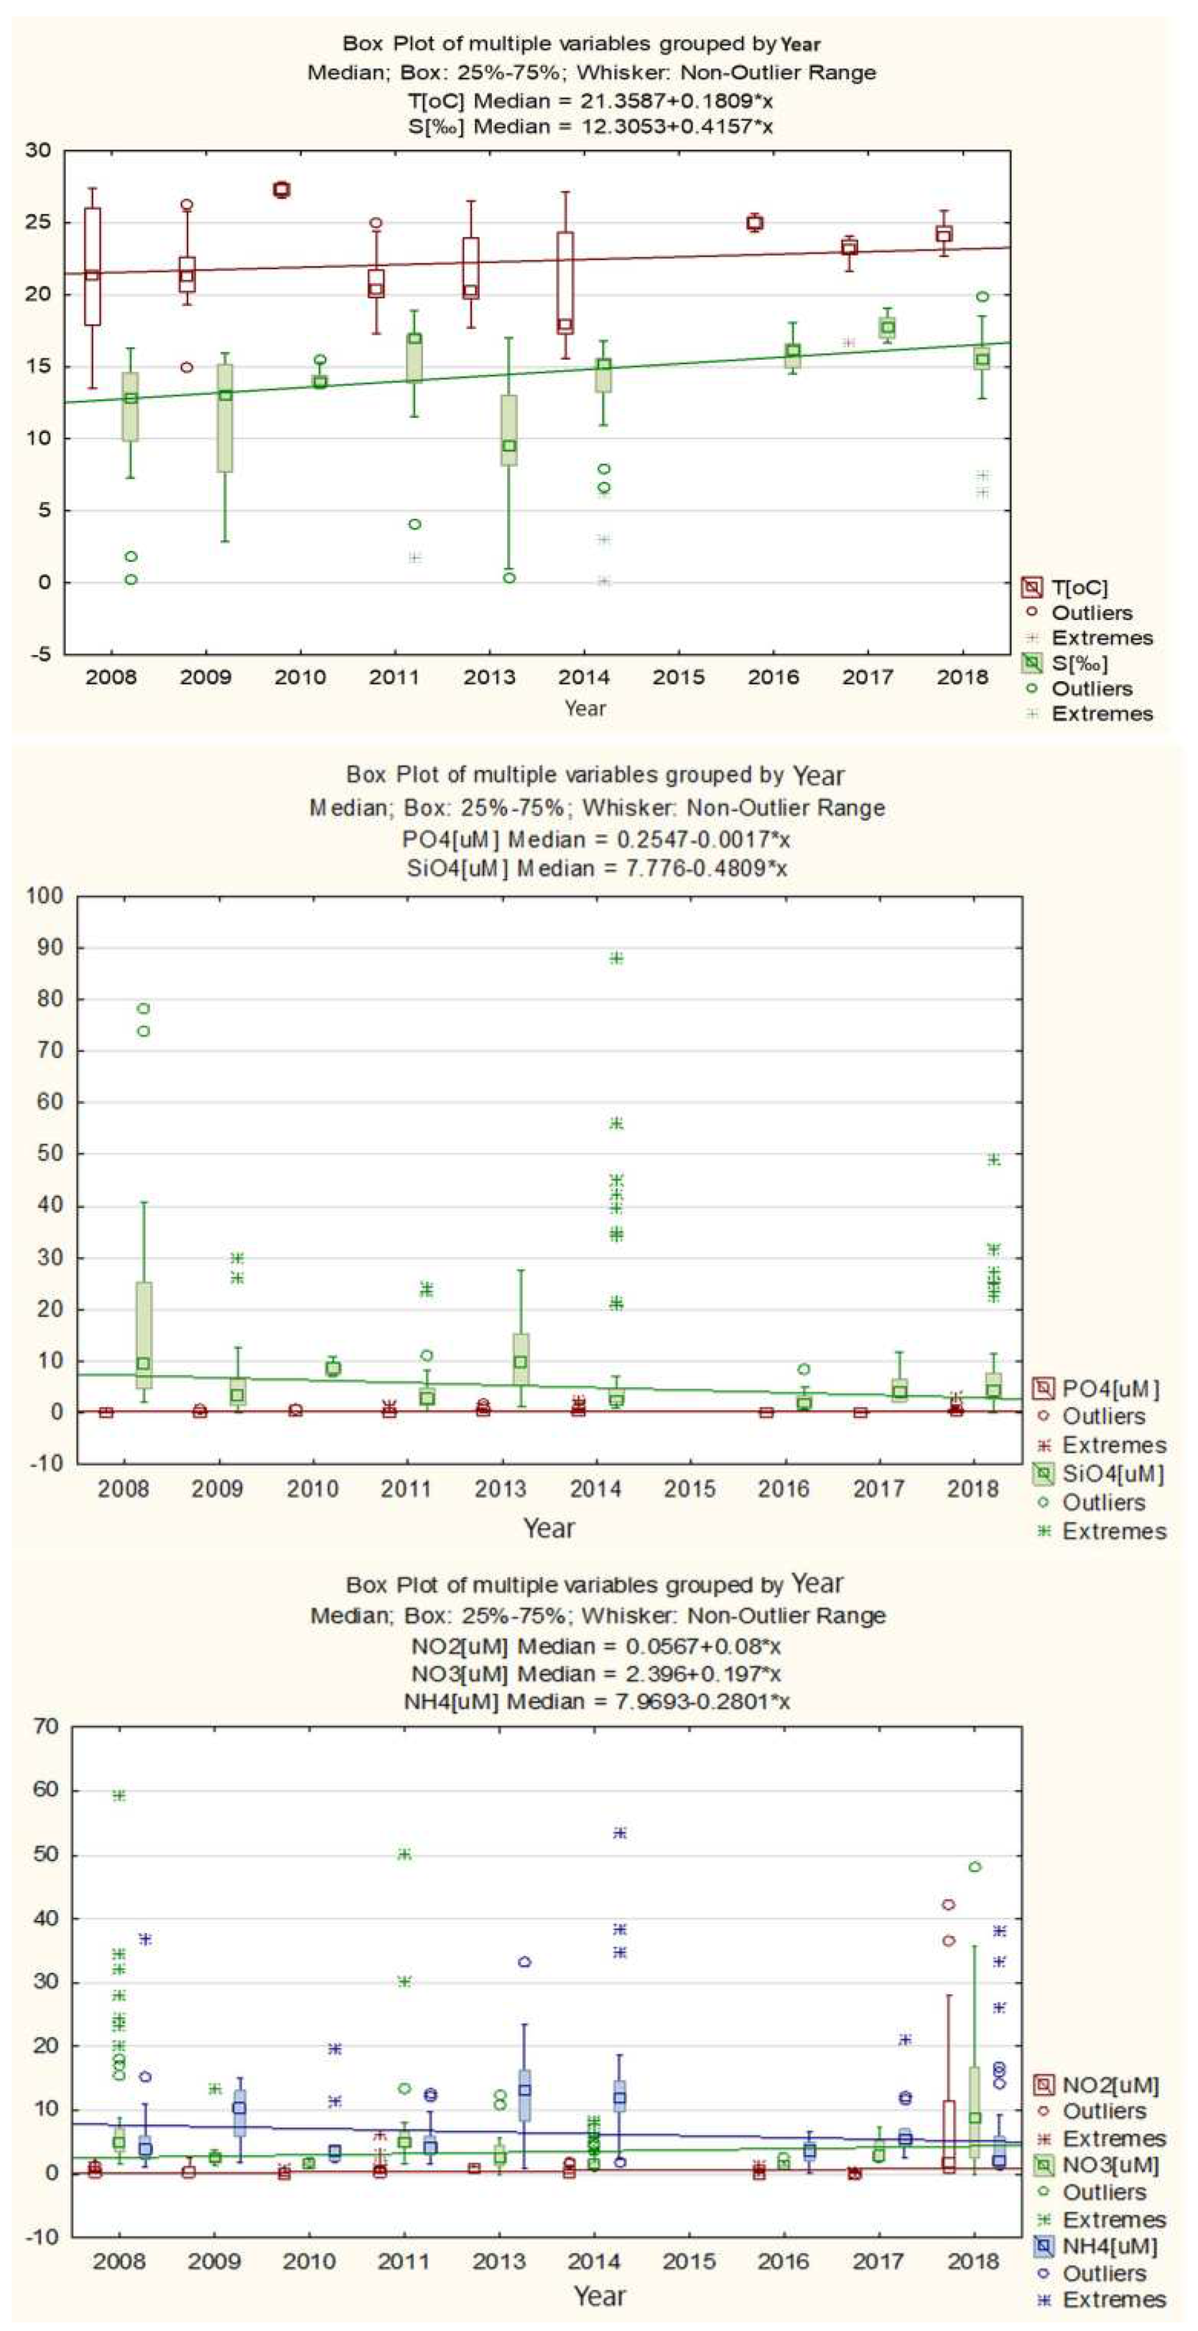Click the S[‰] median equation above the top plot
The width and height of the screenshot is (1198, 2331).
point(590,126)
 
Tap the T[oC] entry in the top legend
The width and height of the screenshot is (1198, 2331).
point(1079,587)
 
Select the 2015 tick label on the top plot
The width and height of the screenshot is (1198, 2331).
point(679,677)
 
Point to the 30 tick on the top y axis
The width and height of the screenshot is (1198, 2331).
point(38,151)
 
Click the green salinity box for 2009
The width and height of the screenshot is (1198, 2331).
point(225,418)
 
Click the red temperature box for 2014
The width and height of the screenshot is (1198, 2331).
point(565,283)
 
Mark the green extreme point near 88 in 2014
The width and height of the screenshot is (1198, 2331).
point(616,959)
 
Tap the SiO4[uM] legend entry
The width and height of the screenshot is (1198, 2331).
point(1112,1473)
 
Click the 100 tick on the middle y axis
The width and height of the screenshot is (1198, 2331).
point(45,896)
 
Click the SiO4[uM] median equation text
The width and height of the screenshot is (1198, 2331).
point(596,869)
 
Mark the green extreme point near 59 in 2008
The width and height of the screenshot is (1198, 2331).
point(119,1795)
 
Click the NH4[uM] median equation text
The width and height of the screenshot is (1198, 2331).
point(596,1700)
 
